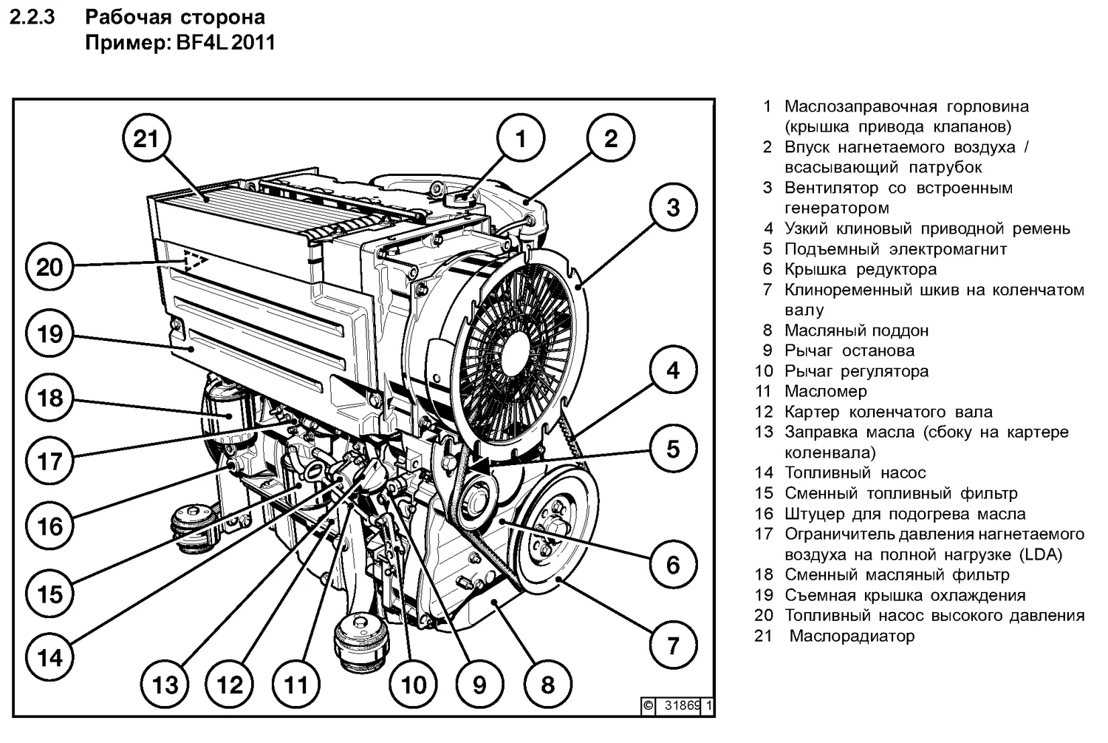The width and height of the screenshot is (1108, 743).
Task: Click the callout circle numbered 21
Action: tap(146, 138)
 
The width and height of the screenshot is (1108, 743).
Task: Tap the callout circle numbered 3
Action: tap(672, 208)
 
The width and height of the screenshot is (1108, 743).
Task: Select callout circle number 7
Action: tap(672, 645)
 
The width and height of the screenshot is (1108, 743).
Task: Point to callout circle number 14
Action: tap(49, 657)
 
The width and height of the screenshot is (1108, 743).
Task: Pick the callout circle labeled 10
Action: tap(414, 684)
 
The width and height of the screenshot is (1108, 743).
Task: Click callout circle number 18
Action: tap(49, 398)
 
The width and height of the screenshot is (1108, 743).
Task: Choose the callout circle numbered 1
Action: tap(520, 138)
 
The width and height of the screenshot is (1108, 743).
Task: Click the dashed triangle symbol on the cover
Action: tap(194, 260)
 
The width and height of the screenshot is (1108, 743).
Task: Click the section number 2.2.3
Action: tap(33, 17)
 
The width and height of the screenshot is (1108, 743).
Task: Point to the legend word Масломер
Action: tap(825, 392)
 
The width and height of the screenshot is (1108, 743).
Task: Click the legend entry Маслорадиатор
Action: tap(852, 636)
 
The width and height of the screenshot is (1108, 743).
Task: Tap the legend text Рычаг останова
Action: tap(849, 351)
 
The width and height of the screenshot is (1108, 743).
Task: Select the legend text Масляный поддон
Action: tap(856, 330)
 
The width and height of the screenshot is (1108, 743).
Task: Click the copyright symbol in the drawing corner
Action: tap(648, 705)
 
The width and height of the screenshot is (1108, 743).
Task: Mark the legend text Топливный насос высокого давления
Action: tap(934, 615)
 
